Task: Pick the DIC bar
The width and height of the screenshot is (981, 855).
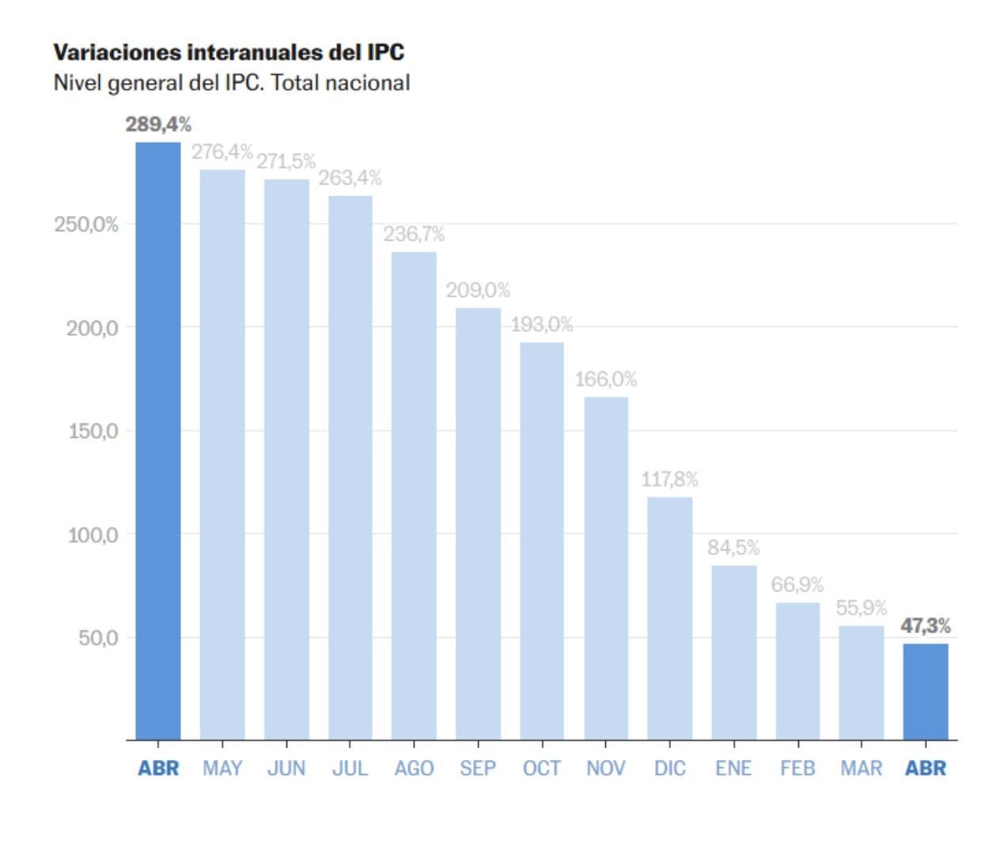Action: pyautogui.click(x=669, y=618)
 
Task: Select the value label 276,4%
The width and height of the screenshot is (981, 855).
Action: pyautogui.click(x=222, y=151)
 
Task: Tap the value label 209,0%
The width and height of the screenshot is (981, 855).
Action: pyautogui.click(x=478, y=291)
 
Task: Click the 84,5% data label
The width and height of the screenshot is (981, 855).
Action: pyautogui.click(x=733, y=548)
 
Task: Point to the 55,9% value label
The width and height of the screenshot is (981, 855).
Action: pyautogui.click(x=862, y=608)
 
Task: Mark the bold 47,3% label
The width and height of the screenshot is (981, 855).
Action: pyautogui.click(x=926, y=626)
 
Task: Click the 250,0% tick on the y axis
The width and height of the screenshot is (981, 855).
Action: pyautogui.click(x=86, y=225)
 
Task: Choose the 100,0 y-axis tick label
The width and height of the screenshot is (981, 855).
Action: pyautogui.click(x=93, y=535)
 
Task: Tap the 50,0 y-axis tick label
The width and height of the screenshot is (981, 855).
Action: pyautogui.click(x=98, y=638)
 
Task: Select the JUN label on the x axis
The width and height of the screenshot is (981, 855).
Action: pyautogui.click(x=286, y=769)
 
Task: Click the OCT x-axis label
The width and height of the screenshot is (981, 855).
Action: pyautogui.click(x=542, y=769)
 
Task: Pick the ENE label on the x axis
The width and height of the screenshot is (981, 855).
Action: pyautogui.click(x=733, y=769)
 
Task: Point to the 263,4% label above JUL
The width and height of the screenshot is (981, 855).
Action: pyautogui.click(x=350, y=178)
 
